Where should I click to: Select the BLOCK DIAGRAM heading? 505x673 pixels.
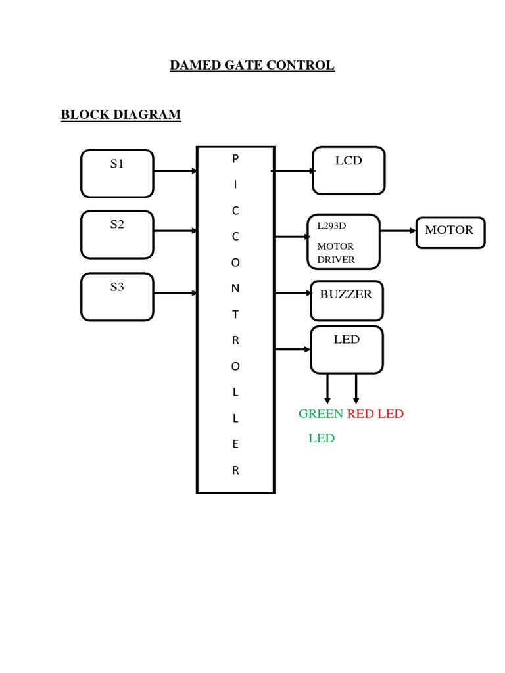[121, 114]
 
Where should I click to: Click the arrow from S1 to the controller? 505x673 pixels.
[175, 171]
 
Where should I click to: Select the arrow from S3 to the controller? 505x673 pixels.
[175, 293]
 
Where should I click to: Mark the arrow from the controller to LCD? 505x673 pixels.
[293, 171]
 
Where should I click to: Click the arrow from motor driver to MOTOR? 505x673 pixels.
[398, 231]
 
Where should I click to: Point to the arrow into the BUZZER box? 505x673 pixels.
[294, 293]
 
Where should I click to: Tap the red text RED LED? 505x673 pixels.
[375, 414]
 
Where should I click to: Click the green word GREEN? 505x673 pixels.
[321, 414]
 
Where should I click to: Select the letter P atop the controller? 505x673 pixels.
[235, 159]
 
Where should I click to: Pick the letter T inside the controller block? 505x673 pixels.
[235, 315]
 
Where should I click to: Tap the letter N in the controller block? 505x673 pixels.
[235, 289]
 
